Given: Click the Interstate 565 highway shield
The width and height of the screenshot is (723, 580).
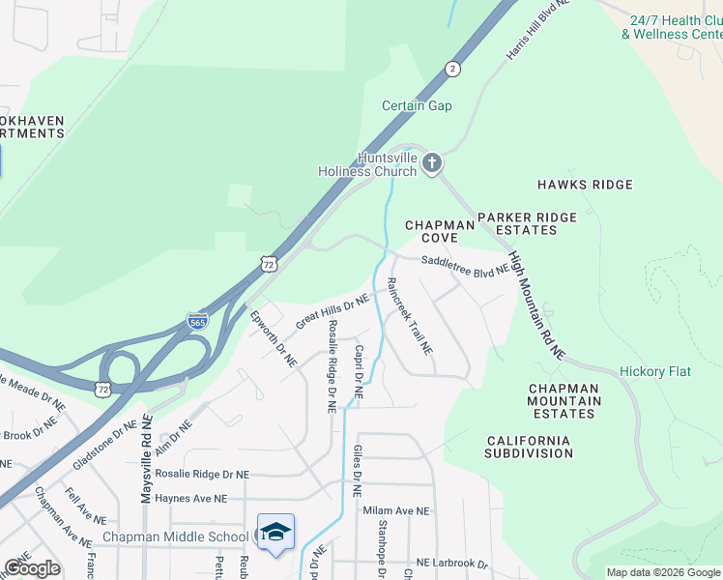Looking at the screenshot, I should tap(197, 322).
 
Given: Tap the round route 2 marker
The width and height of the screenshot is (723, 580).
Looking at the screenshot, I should tap(451, 68).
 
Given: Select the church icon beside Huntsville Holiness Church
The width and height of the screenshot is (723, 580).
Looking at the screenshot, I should tap(432, 163).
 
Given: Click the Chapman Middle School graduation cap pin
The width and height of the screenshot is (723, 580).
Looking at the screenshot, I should tap(275, 533).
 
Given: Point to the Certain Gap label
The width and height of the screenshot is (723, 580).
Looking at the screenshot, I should tap(417, 105).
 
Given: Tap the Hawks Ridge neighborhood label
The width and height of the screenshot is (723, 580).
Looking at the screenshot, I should tap(585, 185).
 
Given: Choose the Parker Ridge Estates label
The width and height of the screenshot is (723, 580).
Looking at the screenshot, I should tap(526, 223).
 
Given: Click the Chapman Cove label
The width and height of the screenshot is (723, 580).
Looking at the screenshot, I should tap(440, 231).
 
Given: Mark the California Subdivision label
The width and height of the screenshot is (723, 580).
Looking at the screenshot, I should tap(528, 447).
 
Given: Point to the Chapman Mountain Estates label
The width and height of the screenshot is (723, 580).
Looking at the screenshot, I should tap(564, 401).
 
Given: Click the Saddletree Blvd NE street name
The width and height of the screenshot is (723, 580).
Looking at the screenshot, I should tap(465, 267).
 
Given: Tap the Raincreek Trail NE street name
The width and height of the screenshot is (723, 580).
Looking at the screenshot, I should tap(409, 315).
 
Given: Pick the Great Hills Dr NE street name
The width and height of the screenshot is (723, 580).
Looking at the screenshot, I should tap(333, 312).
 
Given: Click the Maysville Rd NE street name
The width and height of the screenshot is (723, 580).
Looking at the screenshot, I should tap(147, 458).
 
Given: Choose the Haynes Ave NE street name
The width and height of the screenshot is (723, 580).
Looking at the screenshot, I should tap(190, 499).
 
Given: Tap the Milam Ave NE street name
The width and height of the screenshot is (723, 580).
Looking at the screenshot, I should tap(395, 510).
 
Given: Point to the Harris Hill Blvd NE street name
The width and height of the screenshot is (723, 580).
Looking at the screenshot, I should tap(538, 30).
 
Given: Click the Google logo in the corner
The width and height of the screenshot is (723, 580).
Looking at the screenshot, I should tap(32, 568).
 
